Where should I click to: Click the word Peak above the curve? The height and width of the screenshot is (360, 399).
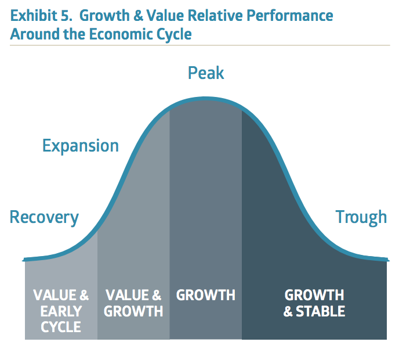pos(206,73)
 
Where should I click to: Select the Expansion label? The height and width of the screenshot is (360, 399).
pos(81,146)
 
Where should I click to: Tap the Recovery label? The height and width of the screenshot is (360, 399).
pos(44,217)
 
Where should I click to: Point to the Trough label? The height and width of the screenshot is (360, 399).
pos(361,217)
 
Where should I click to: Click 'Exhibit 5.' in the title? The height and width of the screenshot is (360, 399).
pos(42,16)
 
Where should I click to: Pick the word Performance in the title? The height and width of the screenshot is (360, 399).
pos(290,16)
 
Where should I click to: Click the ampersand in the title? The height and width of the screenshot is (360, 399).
pos(138,16)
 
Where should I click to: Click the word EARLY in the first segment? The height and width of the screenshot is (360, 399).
pos(61,311)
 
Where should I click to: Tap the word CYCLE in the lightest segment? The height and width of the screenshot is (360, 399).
pos(61,327)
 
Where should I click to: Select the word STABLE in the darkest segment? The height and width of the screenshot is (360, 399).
pos(320,311)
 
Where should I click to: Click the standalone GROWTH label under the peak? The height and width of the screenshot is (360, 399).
pos(206,295)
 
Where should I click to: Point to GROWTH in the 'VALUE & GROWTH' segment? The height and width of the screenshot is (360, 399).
pos(133,311)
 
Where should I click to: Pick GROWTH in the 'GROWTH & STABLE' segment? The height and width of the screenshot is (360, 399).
pos(314,295)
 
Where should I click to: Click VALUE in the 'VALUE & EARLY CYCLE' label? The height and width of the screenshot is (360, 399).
pos(55,295)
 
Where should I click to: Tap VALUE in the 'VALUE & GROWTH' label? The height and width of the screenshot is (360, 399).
pos(127,295)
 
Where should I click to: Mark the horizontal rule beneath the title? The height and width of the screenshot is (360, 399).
pos(199,45)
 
